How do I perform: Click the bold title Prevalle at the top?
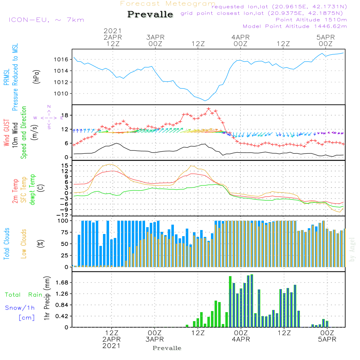[150, 14]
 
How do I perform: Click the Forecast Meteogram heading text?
[167, 4]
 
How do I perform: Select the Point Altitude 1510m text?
[311, 20]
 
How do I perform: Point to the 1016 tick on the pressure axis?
[61, 59]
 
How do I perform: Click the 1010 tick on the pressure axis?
[61, 94]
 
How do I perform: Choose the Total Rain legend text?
[23, 295]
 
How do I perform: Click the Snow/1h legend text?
[20, 308]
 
